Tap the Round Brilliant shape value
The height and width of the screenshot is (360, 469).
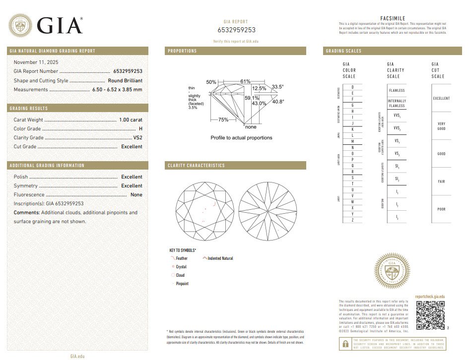[x=125, y=80]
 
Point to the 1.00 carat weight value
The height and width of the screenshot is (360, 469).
[x=131, y=120]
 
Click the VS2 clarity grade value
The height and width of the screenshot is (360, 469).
[x=137, y=138]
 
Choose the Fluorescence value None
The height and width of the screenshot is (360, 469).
[x=136, y=195]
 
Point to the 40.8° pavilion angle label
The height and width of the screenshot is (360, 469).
[x=278, y=102]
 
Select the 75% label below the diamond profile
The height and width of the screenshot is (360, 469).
[x=223, y=120]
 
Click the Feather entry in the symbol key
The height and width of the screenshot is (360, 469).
[x=182, y=258]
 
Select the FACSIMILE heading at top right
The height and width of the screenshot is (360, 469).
[x=393, y=18]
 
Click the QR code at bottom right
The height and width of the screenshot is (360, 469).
[x=430, y=315]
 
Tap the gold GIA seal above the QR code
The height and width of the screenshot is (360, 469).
[x=392, y=271]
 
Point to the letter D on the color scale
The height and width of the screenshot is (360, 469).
[x=352, y=87]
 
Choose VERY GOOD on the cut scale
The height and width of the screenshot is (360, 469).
[x=441, y=126]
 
